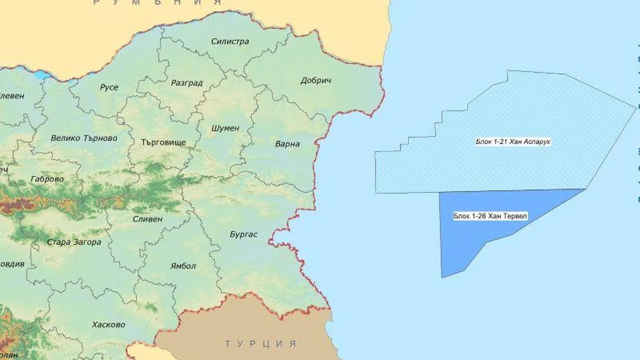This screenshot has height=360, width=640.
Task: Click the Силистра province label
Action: [x=230, y=41]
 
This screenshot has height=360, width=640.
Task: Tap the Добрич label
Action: [x=316, y=81]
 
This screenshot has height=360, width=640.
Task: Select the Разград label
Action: [x=187, y=83]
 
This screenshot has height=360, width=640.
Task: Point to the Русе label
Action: [x=109, y=87]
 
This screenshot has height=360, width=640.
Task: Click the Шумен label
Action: [x=225, y=129]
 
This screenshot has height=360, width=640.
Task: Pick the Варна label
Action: [x=287, y=144]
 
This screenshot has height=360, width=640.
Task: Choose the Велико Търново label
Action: [x=84, y=138]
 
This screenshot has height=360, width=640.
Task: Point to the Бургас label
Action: [x=243, y=234]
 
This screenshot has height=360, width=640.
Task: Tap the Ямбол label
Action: [x=183, y=266]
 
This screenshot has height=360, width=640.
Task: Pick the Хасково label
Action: [x=108, y=324]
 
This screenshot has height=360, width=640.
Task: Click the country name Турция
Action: [x=260, y=343]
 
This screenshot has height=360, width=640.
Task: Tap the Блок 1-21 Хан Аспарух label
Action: [x=505, y=142]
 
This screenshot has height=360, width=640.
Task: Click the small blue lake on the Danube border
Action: [x=41, y=75]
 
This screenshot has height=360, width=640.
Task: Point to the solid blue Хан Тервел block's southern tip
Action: [x=442, y=277]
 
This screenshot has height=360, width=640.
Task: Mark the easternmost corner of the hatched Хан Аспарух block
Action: [x=637, y=106]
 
